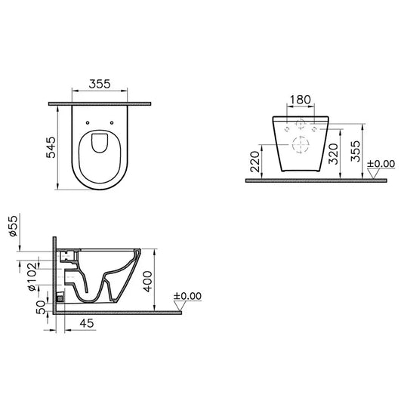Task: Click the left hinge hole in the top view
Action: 89,124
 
